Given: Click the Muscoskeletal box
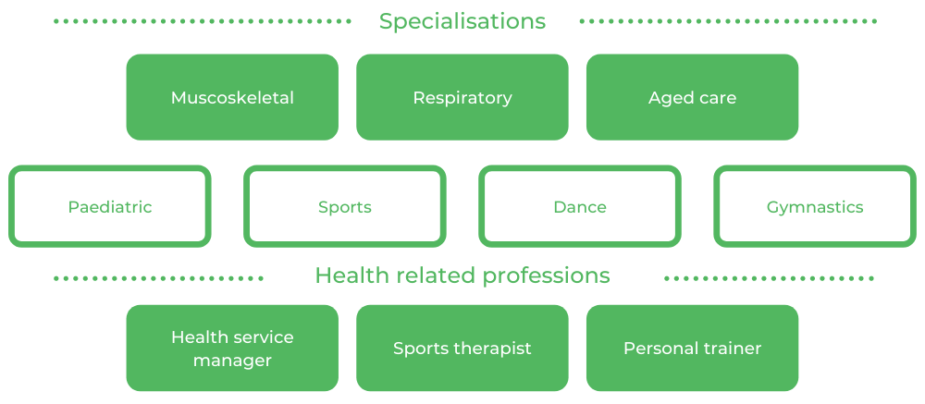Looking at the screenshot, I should coord(232,97).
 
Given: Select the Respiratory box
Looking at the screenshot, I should coord(462,97).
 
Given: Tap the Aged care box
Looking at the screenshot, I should coord(692,97).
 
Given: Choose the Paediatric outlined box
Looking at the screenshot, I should coord(110,207).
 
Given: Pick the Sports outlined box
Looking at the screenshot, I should coord(345,207).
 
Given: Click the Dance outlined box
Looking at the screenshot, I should coord(580,207).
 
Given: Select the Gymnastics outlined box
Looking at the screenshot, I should coord(815,207).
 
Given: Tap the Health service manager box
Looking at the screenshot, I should coord(232,349).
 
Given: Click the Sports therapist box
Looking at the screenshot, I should coord(462,349).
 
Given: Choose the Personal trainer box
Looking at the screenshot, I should coord(692,349).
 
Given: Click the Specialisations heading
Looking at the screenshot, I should coord(462,21).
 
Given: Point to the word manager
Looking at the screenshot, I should coord(232,361).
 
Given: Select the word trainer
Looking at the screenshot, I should coord(730,349).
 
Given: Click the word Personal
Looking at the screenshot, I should coord(659,349).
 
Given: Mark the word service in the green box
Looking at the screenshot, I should coord(264,337).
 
